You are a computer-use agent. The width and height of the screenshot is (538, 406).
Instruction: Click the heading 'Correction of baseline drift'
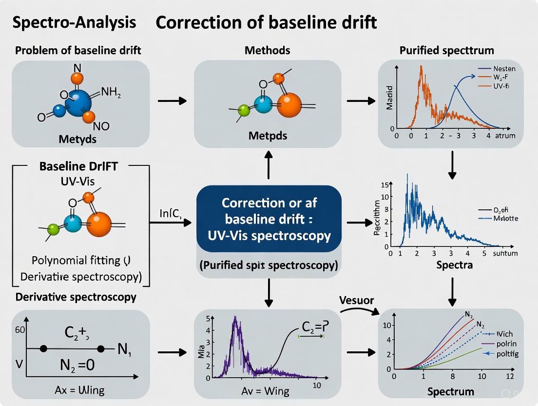tap(266, 23)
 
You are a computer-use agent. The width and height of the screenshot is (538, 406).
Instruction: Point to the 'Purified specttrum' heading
tap(446, 50)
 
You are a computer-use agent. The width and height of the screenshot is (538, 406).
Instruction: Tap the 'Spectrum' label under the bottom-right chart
tap(450, 391)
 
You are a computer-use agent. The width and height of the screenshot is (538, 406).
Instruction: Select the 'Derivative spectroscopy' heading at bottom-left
tap(76, 297)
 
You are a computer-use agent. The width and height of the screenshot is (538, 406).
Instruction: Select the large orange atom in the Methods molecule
tap(289, 106)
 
